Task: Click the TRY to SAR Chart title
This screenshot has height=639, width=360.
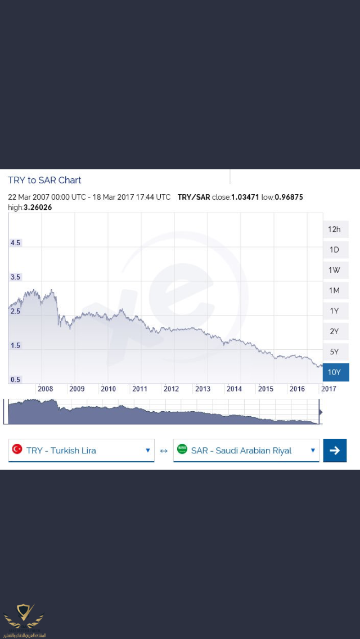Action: coord(44,180)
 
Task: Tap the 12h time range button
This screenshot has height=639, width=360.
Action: coord(335,229)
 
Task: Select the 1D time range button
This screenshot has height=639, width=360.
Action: coord(335,250)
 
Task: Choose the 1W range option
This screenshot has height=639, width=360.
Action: coord(335,270)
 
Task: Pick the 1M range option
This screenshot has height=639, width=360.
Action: coord(335,290)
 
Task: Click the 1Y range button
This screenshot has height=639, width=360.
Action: coord(335,311)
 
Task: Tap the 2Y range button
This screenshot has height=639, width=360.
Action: coord(335,331)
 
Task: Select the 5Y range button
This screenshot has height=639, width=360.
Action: coord(335,352)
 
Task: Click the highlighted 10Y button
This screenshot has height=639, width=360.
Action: coord(335,372)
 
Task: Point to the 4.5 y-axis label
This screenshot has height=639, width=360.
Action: coord(15,243)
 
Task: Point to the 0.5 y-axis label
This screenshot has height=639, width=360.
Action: coord(15,380)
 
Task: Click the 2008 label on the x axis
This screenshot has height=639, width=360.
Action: coord(45,389)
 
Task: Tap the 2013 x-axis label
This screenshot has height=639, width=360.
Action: coord(202,389)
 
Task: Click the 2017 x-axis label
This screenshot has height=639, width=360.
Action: coord(328,389)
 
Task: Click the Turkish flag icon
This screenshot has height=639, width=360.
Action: coord(17,449)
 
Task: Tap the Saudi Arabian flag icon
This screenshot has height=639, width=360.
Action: coord(182,449)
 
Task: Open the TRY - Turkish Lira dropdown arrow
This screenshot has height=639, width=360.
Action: coord(148,450)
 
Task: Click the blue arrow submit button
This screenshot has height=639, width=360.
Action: coord(335,450)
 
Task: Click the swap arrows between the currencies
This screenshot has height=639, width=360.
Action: coord(164,451)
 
